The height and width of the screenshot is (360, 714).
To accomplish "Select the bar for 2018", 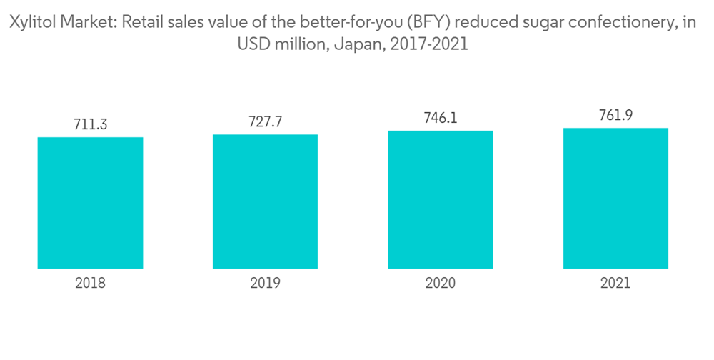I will [90, 203].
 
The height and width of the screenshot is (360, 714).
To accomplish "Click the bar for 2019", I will [265, 201].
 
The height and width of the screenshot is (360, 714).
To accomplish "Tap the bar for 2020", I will [441, 200].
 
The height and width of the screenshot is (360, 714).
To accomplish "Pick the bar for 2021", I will [615, 199].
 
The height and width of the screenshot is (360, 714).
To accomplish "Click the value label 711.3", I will [90, 124].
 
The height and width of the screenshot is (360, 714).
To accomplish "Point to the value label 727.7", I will [265, 121].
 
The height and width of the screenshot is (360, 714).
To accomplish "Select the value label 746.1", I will [441, 118].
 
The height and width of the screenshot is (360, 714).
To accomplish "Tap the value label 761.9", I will [615, 115].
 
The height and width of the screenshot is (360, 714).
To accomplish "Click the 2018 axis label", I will [90, 283].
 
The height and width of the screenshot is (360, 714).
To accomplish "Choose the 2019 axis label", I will [265, 283].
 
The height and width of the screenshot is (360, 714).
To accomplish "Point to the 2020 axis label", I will [441, 283].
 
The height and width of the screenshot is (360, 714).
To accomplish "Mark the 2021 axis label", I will [615, 283].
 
